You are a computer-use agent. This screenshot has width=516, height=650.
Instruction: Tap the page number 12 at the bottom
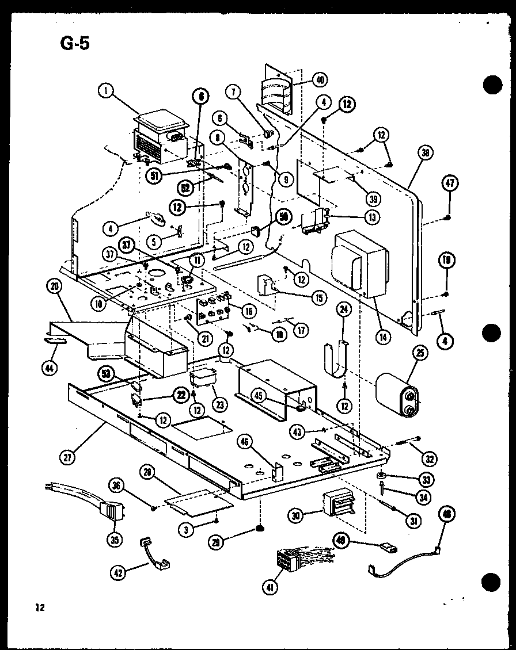39,607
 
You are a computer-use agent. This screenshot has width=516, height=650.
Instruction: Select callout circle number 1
105,90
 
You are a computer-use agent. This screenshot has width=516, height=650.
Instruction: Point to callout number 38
426,154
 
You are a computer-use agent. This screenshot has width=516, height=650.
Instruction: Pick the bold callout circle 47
450,183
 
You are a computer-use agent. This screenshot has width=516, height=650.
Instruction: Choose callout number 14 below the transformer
382,337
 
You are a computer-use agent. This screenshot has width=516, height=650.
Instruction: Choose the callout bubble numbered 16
249,311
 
